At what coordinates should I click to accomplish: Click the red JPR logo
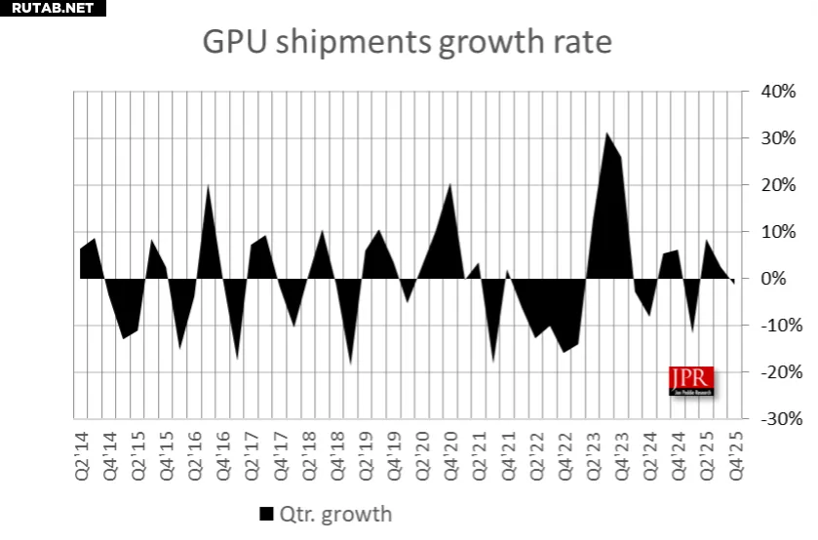pyautogui.click(x=691, y=380)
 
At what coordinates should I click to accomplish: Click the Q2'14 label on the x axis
pyautogui.click(x=83, y=454)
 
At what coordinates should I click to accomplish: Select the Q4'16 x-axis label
pyautogui.click(x=223, y=454)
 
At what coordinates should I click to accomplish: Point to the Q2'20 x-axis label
pyautogui.click(x=423, y=454)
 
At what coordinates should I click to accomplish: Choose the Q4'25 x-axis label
pyautogui.click(x=735, y=454)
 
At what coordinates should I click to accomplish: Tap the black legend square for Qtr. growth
pyautogui.click(x=266, y=514)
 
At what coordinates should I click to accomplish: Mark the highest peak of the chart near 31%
pyautogui.click(x=606, y=135)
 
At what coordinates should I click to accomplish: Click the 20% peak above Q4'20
pyautogui.click(x=450, y=185)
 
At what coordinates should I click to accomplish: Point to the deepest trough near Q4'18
pyautogui.click(x=351, y=363)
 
